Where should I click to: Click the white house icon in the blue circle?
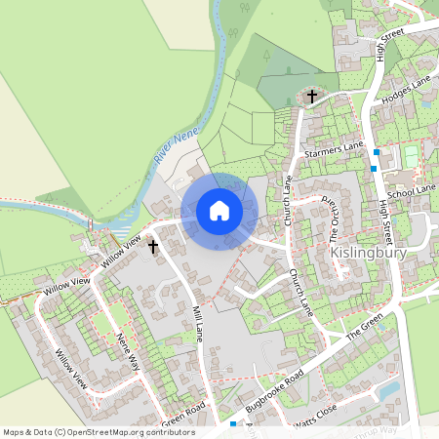click(x=219, y=210)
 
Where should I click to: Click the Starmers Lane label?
click(x=333, y=148)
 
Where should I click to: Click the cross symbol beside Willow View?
click(x=153, y=248)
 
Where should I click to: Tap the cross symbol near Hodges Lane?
click(x=312, y=96)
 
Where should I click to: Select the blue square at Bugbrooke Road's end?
click(x=233, y=424)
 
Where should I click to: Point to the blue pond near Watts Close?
click(x=389, y=390)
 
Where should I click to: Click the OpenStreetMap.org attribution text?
click(x=98, y=432)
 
